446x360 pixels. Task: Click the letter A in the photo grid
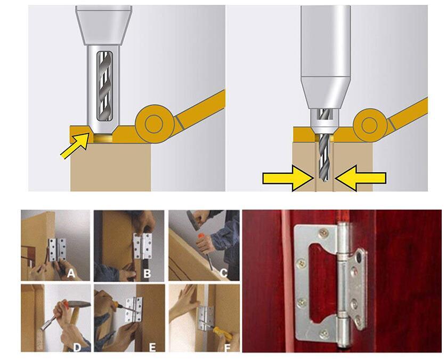71,273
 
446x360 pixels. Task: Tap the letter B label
147,274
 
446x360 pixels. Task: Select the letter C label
224,273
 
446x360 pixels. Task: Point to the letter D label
77,347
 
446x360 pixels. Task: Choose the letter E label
152,347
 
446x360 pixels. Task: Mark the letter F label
228,348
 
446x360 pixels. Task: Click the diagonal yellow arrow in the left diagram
75,146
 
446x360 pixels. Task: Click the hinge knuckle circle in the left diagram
155,124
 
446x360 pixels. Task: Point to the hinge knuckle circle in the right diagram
369,125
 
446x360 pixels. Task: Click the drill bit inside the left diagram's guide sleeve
104,86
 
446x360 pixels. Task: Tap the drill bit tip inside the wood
325,179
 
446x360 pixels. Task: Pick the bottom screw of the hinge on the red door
324,334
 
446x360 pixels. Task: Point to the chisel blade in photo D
47,324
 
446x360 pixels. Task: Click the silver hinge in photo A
58,250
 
